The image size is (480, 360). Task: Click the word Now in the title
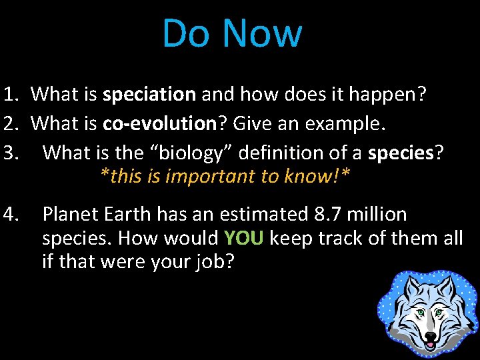[262, 33]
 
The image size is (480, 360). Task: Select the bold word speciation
[149, 95]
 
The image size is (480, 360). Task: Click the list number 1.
[11, 95]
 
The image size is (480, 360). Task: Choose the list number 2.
[11, 123]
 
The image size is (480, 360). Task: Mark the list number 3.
[11, 153]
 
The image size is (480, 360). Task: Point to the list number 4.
[11, 215]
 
